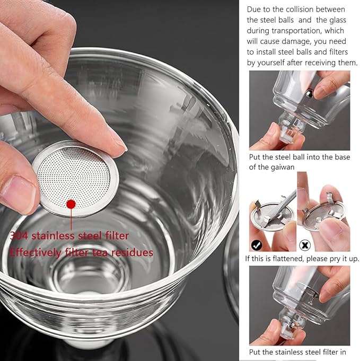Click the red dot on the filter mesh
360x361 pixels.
pyautogui.click(x=70, y=204)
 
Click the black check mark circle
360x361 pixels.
pyautogui.click(x=257, y=245)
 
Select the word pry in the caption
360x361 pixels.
pyautogui.click(x=337, y=259)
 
